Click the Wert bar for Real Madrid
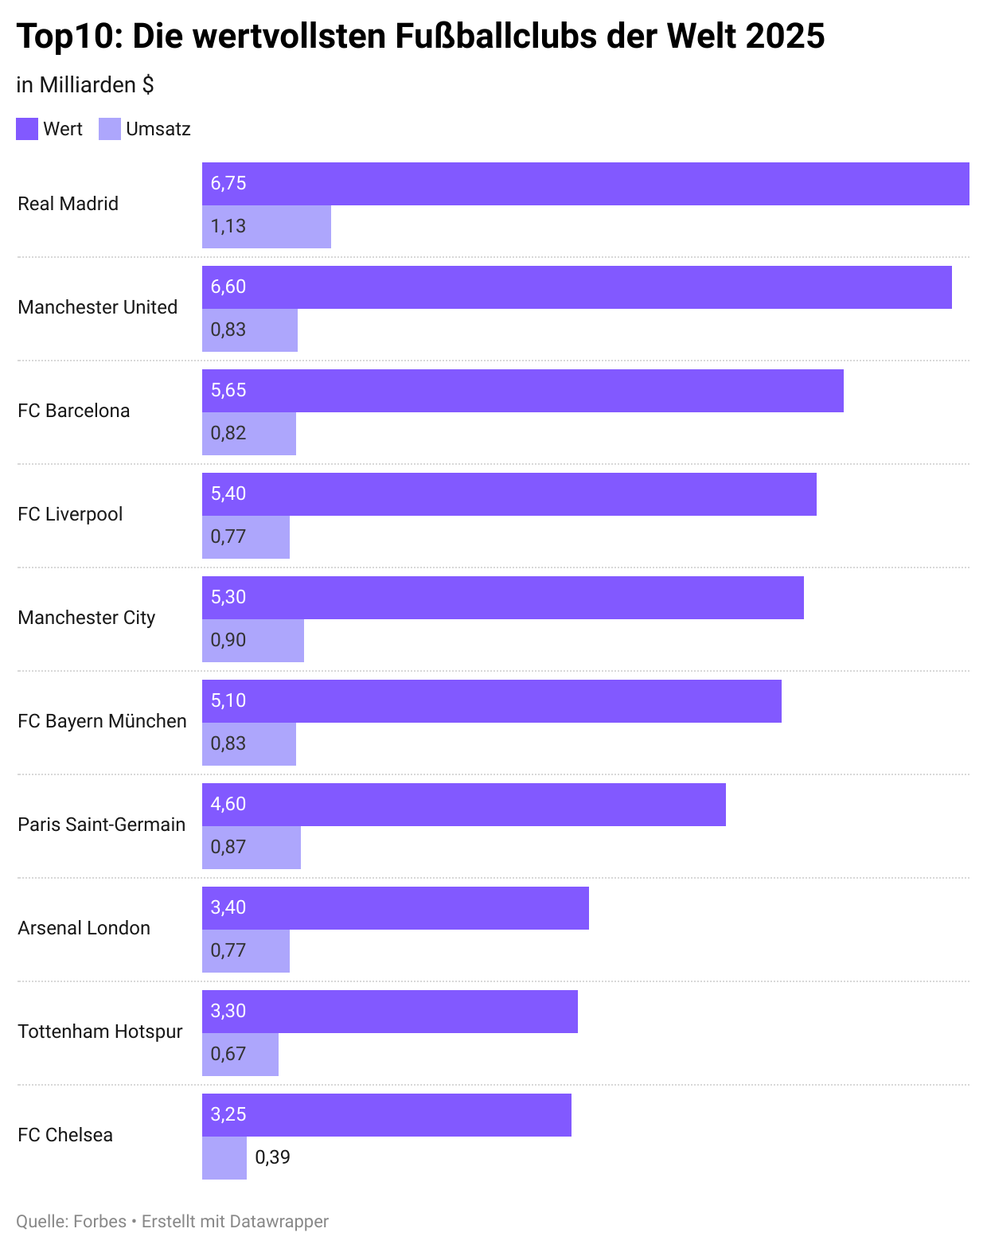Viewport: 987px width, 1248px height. pyautogui.click(x=585, y=184)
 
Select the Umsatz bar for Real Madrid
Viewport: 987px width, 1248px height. pyautogui.click(x=267, y=227)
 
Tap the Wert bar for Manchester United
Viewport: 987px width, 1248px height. pyautogui.click(x=576, y=287)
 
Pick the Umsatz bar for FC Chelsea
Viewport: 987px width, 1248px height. pyautogui.click(x=224, y=1158)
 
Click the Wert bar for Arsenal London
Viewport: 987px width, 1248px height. pyautogui.click(x=395, y=908)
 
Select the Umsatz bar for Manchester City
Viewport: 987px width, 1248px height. pyautogui.click(x=253, y=641)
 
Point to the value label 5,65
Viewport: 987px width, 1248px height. pyautogui.click(x=228, y=391)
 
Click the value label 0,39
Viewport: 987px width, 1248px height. pyautogui.click(x=272, y=1157)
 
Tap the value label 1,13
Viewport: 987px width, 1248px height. pyautogui.click(x=228, y=227)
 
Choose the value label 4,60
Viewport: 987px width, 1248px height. pyautogui.click(x=228, y=805)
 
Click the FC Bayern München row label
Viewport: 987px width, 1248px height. pyautogui.click(x=102, y=721)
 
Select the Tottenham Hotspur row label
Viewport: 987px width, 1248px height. pyautogui.click(x=100, y=1032)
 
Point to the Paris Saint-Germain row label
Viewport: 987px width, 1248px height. pyautogui.click(x=101, y=825)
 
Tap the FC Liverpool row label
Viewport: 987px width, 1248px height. pyautogui.click(x=70, y=514)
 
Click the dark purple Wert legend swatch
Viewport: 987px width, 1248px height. pyautogui.click(x=27, y=129)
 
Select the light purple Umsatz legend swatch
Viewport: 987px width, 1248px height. pyautogui.click(x=110, y=129)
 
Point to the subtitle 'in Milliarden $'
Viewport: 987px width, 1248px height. pyautogui.click(x=85, y=85)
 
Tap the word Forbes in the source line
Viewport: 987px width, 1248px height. pyautogui.click(x=99, y=1222)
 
